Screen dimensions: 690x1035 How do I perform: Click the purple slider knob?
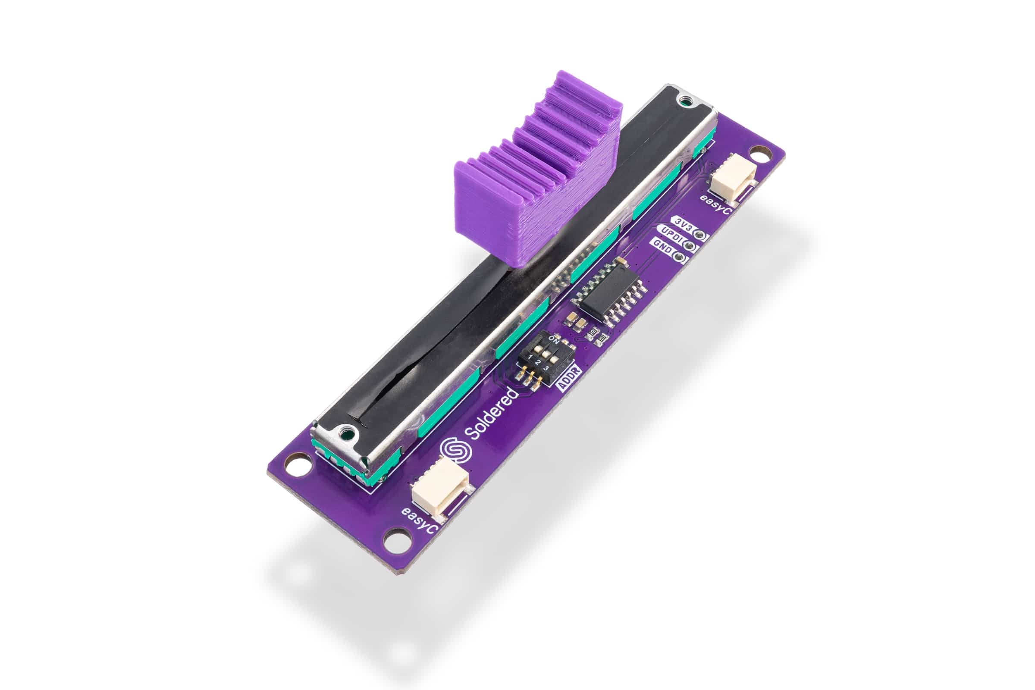pos(537,176)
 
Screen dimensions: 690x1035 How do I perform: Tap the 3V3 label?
pos(684,222)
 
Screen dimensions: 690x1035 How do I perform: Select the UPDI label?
pos(671,233)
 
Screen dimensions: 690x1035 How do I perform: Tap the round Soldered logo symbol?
pos(456,451)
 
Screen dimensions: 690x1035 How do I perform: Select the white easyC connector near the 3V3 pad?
pos(732,174)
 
